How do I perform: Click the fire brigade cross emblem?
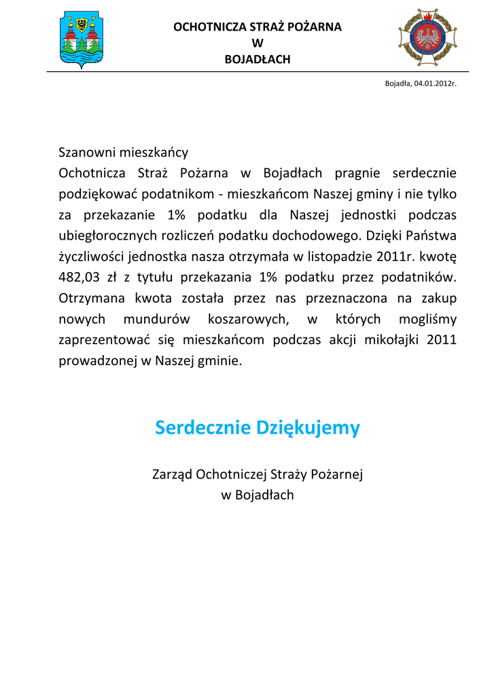pyautogui.click(x=428, y=39)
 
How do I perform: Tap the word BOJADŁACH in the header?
pyautogui.click(x=257, y=60)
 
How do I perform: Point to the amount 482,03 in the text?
pyautogui.click(x=80, y=277)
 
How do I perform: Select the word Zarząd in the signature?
pyautogui.click(x=171, y=474)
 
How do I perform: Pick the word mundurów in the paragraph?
pyautogui.click(x=157, y=319)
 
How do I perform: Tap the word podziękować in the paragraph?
pyautogui.click(x=99, y=194)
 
